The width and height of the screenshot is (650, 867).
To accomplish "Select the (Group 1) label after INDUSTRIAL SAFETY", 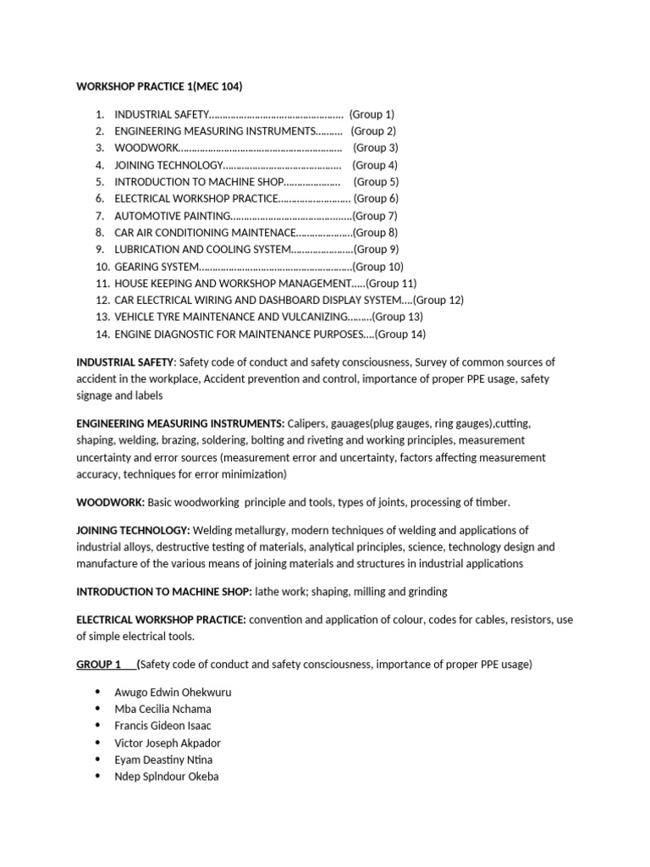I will tap(372, 114).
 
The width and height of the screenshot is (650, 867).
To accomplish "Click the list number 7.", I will tap(100, 216).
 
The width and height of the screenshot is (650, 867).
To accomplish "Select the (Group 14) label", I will tap(400, 334).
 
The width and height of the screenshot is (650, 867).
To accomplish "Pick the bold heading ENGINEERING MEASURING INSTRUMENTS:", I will tap(180, 422).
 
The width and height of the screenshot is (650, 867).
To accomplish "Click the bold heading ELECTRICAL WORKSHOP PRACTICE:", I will tap(161, 620).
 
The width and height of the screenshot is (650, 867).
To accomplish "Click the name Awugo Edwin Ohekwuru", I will tap(173, 692).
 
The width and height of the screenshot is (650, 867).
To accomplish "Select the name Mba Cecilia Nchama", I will tap(162, 709).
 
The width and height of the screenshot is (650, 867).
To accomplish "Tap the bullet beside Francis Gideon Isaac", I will tap(99, 726).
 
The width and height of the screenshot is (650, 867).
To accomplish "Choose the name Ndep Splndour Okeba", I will tap(166, 776).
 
